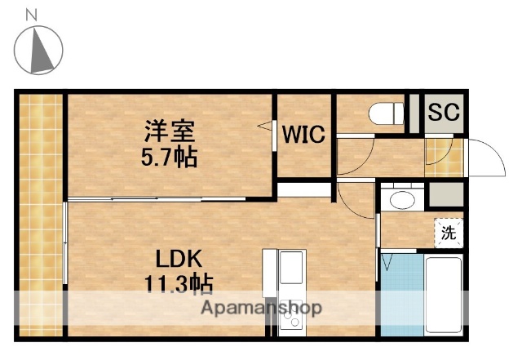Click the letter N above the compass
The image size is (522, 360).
(32, 14)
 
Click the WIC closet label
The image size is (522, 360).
(304, 134)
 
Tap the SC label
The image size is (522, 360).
(444, 111)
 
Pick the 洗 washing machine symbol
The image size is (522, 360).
(449, 233)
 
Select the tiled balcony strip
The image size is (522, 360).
(40, 216)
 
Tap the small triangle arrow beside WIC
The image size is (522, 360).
(266, 126)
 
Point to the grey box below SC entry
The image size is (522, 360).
(445, 195)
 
